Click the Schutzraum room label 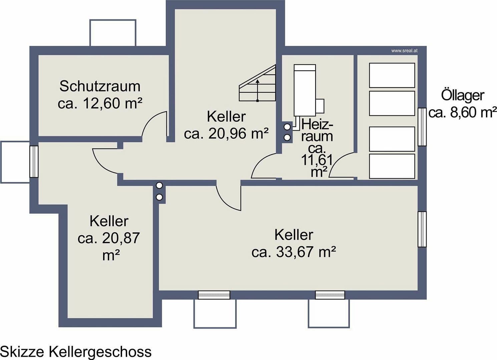(x=100, y=86)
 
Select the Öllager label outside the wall (x=462, y=95)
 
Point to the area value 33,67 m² (x=294, y=252)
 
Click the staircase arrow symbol (x=258, y=90)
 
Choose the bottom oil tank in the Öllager (x=392, y=166)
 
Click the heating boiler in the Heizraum (x=305, y=90)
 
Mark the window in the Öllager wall (x=422, y=127)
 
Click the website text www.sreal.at (x=404, y=51)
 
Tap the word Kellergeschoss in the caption (x=100, y=352)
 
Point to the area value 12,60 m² (x=100, y=103)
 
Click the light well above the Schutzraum (x=113, y=33)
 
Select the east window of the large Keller (x=422, y=229)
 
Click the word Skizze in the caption (x=23, y=352)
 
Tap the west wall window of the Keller (x=34, y=162)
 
